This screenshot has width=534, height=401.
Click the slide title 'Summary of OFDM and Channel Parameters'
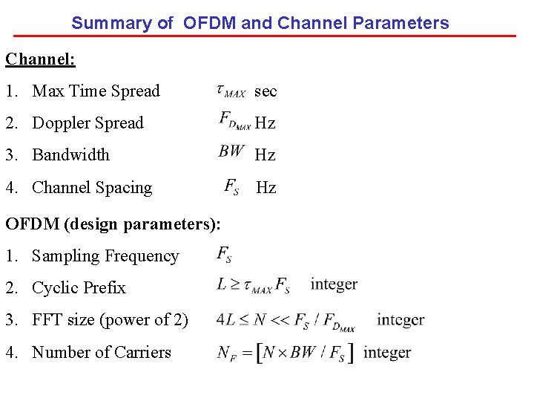click(260, 23)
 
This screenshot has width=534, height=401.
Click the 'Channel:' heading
click(40, 59)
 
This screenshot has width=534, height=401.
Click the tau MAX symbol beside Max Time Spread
click(231, 91)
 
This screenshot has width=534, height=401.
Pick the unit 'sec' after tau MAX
click(266, 91)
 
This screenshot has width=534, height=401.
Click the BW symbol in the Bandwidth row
click(231, 151)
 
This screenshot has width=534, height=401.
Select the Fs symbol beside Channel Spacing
click(231, 186)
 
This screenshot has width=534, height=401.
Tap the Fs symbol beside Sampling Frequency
click(224, 255)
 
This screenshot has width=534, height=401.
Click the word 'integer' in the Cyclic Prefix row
click(334, 284)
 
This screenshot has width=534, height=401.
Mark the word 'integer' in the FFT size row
click(400, 320)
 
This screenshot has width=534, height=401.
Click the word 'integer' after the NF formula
click(387, 353)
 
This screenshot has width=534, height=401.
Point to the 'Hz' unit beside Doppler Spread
click(266, 123)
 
